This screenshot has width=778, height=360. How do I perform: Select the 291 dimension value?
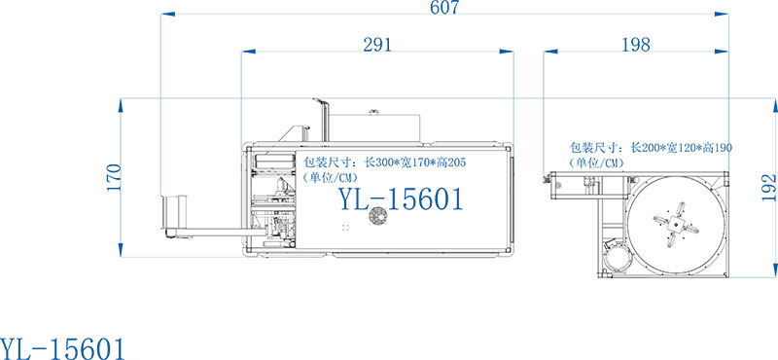coord(377,44)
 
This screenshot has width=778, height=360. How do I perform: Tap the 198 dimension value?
coord(635,44)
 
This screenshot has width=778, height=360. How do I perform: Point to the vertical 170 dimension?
coord(114,176)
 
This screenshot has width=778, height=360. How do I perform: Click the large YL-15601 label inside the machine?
coord(400,199)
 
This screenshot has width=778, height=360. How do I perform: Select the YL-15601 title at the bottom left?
coord(62,345)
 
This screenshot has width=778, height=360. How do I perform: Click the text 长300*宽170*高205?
coord(408,163)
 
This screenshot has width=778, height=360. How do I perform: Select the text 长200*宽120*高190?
coord(680,148)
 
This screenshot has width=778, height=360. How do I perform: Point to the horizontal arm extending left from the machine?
coord(209,231)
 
